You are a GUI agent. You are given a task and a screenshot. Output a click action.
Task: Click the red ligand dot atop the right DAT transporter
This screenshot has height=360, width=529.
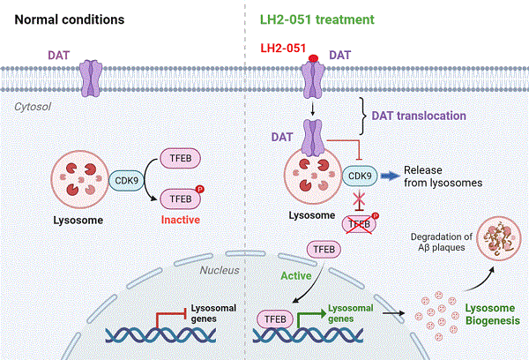tap(312, 60)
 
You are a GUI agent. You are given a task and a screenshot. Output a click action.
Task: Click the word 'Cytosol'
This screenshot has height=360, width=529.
tap(34, 107)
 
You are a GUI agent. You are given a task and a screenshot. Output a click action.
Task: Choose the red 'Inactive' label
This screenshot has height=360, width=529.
tap(184, 215)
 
